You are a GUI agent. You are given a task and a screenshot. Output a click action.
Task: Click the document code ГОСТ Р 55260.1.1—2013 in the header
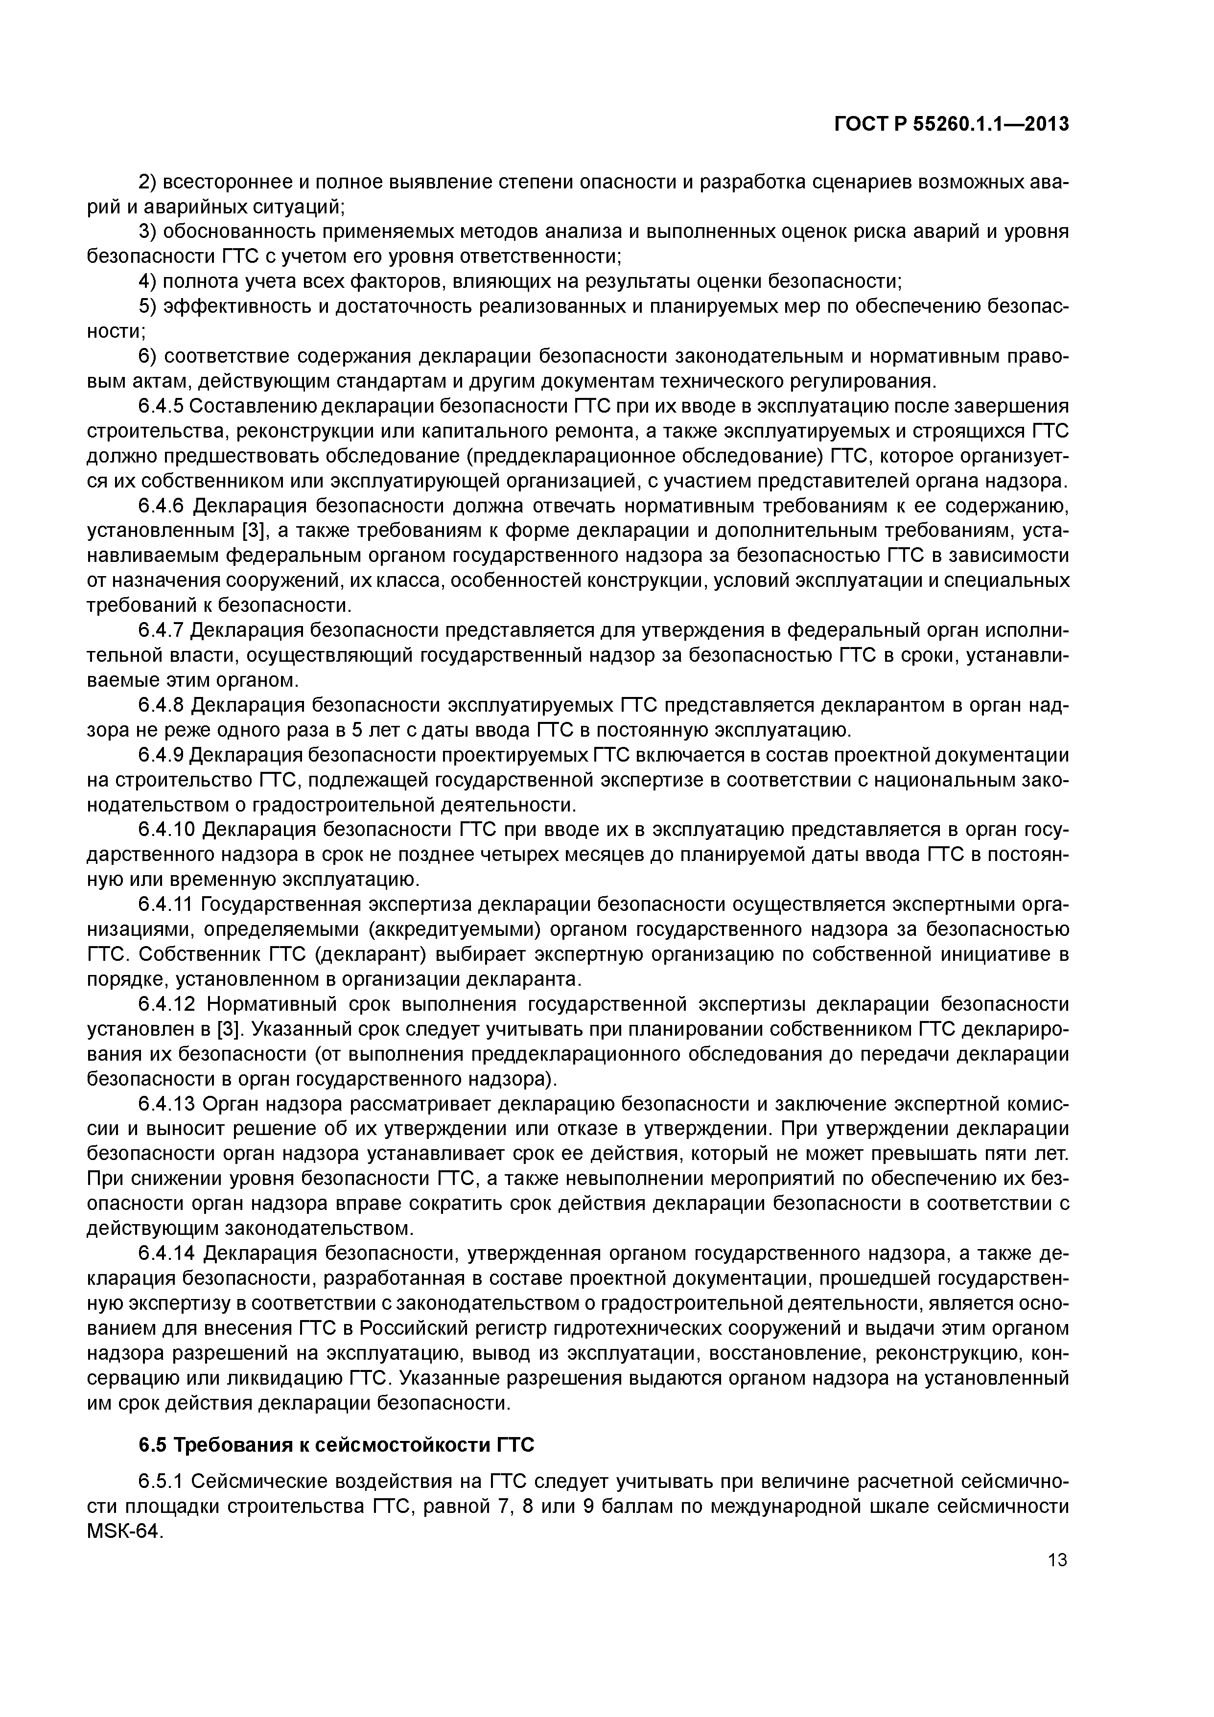coord(952,125)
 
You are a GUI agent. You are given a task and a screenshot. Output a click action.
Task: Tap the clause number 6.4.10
coord(166,830)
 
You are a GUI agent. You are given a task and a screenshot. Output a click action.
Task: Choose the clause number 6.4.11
coord(166,905)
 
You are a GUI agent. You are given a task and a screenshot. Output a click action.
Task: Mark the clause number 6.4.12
coord(166,1004)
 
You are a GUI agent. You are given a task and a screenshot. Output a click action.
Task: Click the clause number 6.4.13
coord(166,1104)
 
